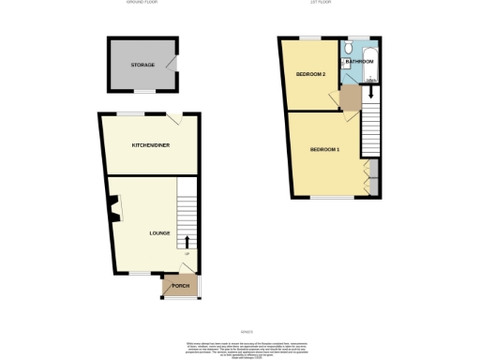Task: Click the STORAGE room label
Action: click(142, 66)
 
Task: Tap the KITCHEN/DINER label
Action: click(151, 145)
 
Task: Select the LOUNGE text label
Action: click(159, 232)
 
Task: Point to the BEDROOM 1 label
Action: click(324, 150)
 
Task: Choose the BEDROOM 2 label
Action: click(311, 73)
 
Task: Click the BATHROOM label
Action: click(360, 62)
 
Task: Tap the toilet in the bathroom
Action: click(348, 48)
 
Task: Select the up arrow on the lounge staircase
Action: click(187, 242)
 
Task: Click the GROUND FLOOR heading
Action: click(142, 3)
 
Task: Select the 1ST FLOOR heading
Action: click(323, 3)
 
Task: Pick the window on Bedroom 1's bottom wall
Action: click(325, 198)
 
